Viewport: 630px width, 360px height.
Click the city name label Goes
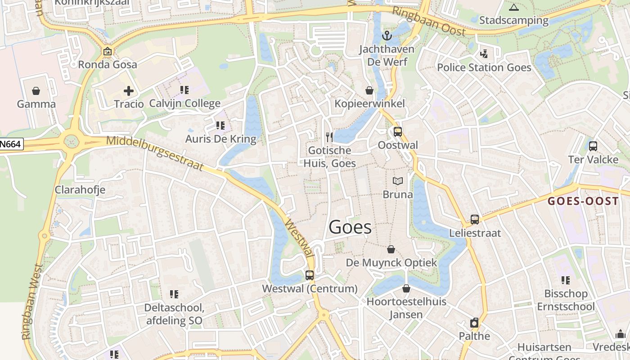[350, 227]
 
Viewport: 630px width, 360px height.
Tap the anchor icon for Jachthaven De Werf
[387, 36]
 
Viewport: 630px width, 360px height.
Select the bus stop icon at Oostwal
[397, 131]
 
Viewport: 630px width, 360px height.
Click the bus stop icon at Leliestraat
[475, 220]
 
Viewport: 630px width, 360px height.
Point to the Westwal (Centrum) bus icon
[310, 275]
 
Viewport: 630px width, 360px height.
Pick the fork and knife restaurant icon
[329, 137]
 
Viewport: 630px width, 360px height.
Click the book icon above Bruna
[397, 181]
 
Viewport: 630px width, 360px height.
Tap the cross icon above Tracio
[129, 91]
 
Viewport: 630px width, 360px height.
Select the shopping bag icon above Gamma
[36, 91]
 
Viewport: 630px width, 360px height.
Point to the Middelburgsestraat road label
[155, 153]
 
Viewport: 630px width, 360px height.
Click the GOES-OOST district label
[583, 201]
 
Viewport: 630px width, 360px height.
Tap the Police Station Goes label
[484, 67]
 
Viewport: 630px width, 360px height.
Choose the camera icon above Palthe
[474, 323]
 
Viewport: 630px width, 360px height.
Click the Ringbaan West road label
[32, 301]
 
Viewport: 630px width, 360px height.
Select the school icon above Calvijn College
[184, 90]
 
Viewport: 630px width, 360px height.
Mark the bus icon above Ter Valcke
[593, 146]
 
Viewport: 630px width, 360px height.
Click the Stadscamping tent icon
[513, 7]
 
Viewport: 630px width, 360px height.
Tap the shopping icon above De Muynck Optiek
[391, 249]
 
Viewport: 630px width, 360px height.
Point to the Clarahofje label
[80, 189]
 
